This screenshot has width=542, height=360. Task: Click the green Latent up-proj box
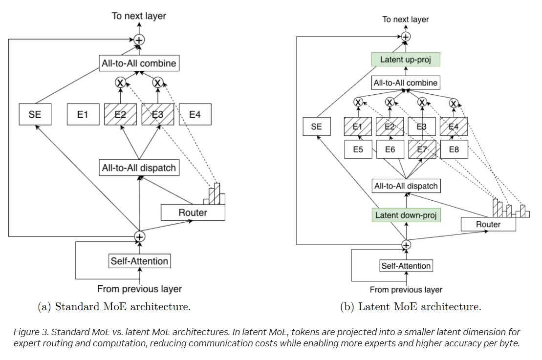click(x=406, y=60)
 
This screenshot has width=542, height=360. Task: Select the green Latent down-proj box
click(x=406, y=215)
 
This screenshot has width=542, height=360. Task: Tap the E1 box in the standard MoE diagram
click(x=83, y=115)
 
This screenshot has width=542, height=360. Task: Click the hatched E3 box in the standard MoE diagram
click(x=158, y=115)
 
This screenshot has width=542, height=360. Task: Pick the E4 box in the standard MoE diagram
click(x=195, y=115)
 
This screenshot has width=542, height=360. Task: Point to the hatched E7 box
click(x=422, y=149)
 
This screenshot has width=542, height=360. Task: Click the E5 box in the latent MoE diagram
click(x=358, y=149)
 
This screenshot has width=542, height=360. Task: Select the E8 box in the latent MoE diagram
click(x=454, y=149)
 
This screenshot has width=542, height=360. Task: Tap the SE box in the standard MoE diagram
click(x=35, y=115)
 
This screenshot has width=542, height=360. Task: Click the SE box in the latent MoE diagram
click(x=317, y=127)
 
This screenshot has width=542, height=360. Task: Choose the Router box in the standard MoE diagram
click(x=193, y=212)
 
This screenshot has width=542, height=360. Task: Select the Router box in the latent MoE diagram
click(x=488, y=224)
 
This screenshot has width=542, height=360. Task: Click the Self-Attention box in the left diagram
click(x=139, y=261)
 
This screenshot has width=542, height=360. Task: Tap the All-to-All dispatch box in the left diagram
click(x=138, y=168)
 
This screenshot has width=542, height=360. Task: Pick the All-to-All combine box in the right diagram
click(x=406, y=83)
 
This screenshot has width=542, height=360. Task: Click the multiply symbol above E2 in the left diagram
click(x=120, y=83)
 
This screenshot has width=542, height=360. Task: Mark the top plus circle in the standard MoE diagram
click(x=140, y=41)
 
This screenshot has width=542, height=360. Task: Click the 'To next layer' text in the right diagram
click(x=406, y=20)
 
